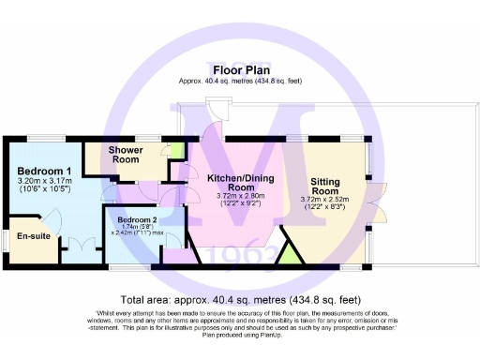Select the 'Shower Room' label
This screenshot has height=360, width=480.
click(125, 155)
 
